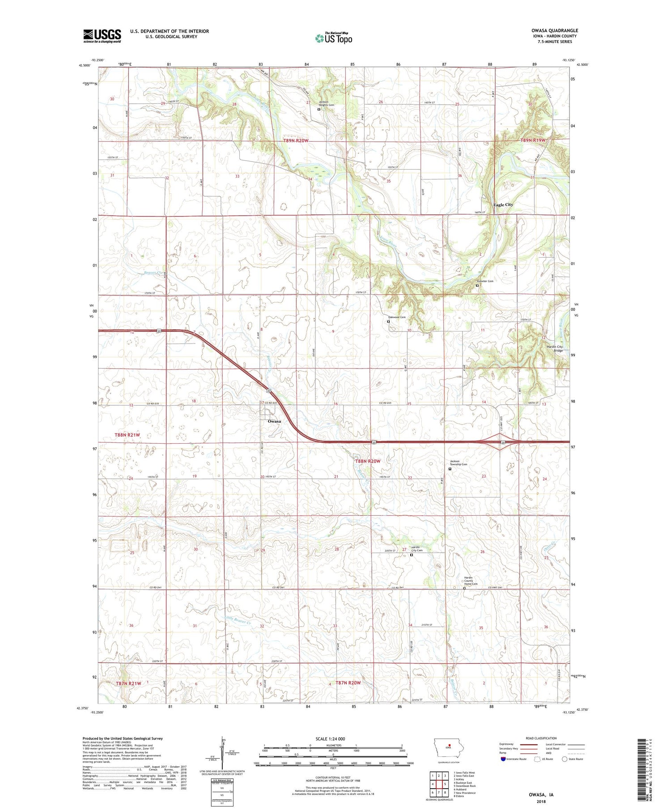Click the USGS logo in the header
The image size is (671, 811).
[x=102, y=36]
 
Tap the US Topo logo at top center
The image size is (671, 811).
[x=334, y=38]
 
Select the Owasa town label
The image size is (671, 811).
[x=274, y=421]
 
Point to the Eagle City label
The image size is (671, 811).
[x=503, y=205]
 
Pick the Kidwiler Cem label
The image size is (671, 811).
[x=485, y=281]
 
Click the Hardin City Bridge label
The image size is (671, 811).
[x=554, y=348]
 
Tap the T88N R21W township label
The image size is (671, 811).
[x=127, y=435]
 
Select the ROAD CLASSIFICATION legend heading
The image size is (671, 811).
[x=541, y=738]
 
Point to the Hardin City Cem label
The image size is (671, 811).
[x=417, y=548]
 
